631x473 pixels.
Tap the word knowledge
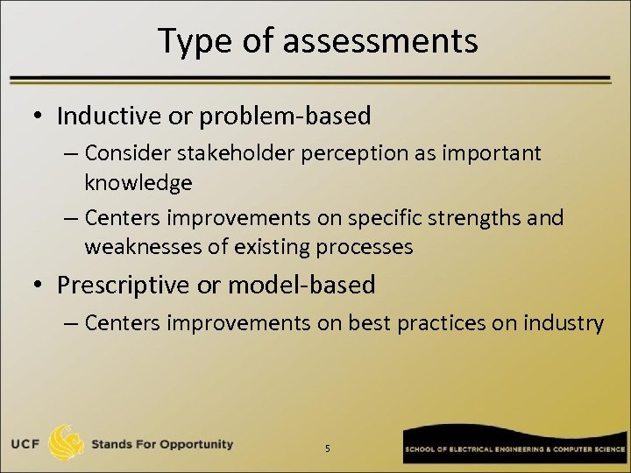pos(138,182)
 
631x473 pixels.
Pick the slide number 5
pos(328,448)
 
